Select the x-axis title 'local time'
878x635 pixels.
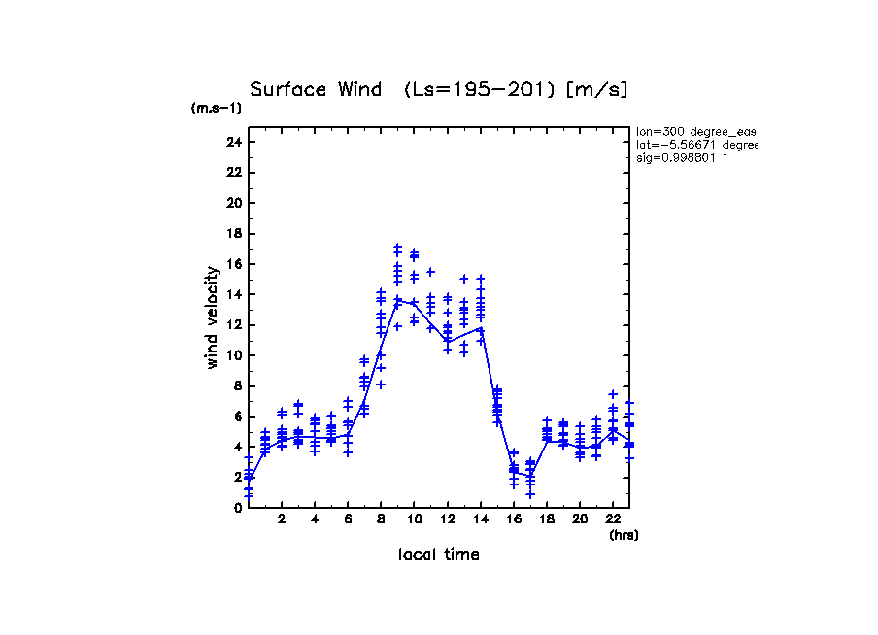tap(438, 554)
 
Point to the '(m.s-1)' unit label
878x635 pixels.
tap(217, 108)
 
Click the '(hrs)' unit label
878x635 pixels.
tap(624, 535)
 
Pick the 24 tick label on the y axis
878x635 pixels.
tap(232, 142)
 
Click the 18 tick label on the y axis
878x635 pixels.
tap(232, 233)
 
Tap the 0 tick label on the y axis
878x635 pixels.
tap(236, 507)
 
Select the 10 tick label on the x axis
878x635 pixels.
tap(414, 519)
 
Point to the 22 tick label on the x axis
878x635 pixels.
tap(613, 519)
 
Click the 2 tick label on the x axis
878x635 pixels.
tap(282, 519)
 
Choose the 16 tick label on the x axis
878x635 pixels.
tap(514, 519)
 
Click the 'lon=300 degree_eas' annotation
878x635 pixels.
tap(695, 131)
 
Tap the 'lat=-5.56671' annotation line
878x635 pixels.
tap(695, 144)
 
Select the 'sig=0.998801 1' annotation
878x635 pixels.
tap(683, 157)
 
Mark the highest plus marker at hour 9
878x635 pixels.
tap(397, 248)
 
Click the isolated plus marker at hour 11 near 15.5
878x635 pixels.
tap(430, 272)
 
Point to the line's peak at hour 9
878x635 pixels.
tap(397, 300)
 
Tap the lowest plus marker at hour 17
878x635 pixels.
tap(530, 494)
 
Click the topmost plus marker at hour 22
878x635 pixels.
tap(613, 394)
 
